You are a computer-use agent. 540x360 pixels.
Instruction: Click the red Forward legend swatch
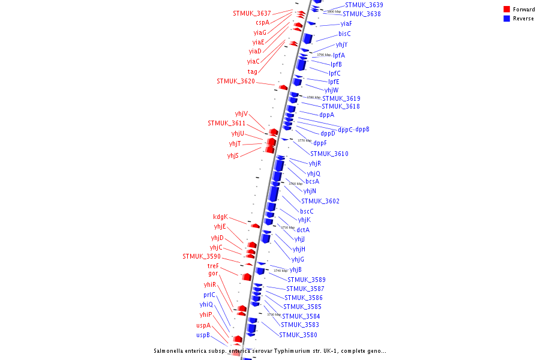[507, 10]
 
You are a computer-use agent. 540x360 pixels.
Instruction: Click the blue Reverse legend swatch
[507, 19]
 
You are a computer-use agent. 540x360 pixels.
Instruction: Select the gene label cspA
[262, 22]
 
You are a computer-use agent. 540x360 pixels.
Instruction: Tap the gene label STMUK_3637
[252, 13]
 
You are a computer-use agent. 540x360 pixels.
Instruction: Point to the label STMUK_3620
[236, 81]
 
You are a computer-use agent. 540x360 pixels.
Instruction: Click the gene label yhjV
[241, 113]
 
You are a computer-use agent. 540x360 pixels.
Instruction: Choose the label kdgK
[220, 217]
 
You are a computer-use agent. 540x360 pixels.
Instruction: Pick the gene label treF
[213, 266]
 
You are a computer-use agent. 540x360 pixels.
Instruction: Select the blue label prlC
[209, 295]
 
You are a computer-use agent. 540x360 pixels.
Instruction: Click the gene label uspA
[203, 325]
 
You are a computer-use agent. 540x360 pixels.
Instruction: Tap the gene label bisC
[344, 34]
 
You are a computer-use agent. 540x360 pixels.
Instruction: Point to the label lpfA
[339, 55]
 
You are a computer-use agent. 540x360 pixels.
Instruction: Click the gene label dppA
[326, 115]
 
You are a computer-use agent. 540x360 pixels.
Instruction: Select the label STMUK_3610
[329, 154]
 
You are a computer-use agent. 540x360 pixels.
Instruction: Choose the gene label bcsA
[312, 181]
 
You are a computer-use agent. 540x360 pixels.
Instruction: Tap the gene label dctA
[303, 230]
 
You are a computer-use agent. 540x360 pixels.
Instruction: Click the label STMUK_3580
[298, 335]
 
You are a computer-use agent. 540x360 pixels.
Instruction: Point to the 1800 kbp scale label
[334, 11]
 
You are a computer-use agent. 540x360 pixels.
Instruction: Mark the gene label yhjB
[295, 269]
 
